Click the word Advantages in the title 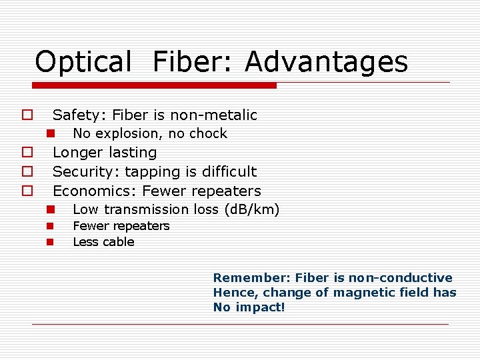pyautogui.click(x=326, y=62)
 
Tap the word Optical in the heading pyautogui.click(x=83, y=62)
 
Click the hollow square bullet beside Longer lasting pyautogui.click(x=27, y=153)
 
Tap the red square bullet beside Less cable pyautogui.click(x=50, y=242)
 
